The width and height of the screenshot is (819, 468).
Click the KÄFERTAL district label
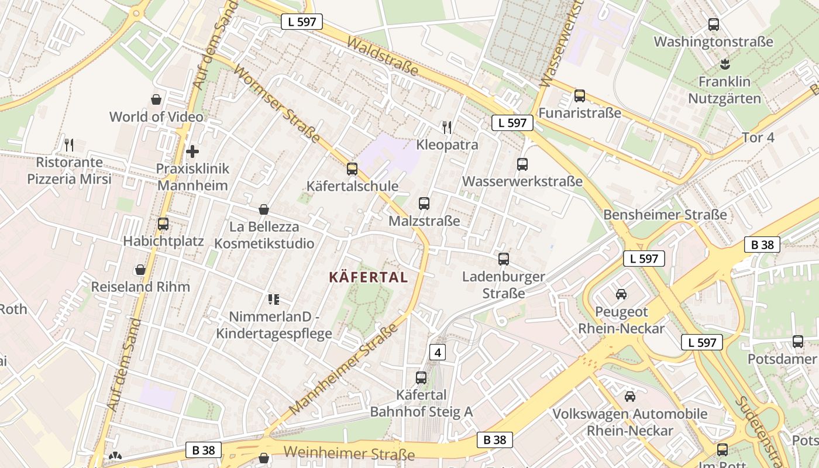[368, 277]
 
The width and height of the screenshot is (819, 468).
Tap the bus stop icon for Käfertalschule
[352, 169]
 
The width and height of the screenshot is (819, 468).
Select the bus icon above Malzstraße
[424, 204]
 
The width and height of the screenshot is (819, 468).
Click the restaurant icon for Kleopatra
[447, 127]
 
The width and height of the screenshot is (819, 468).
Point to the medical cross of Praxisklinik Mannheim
[192, 152]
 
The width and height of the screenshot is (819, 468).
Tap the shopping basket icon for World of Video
[156, 99]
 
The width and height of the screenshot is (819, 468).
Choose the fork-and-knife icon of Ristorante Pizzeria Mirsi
[69, 144]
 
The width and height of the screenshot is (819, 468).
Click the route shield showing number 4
[438, 352]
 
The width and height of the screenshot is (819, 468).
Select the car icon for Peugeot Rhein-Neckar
[621, 294]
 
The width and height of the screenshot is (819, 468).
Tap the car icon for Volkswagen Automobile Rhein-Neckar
[630, 397]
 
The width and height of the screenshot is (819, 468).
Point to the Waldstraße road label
[383, 57]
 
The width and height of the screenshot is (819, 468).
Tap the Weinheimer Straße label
[349, 453]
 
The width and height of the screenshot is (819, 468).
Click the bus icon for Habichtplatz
[163, 223]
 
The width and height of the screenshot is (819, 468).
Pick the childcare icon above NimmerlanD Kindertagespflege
[273, 300]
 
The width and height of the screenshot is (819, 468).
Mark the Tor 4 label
[758, 137]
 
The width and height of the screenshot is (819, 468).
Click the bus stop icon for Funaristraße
[580, 95]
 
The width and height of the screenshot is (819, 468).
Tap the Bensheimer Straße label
[665, 215]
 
